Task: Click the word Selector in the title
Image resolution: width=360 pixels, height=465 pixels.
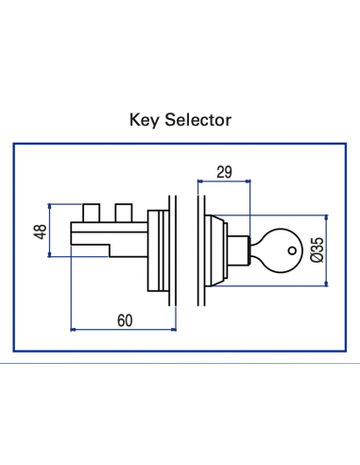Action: pos(194,121)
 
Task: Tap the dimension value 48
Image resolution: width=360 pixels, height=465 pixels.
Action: pos(40,233)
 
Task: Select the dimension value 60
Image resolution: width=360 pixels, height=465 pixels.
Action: pos(124,319)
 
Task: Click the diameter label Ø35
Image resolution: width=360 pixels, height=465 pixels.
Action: pos(317,250)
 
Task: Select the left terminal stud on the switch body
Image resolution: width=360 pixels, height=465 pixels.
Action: pos(91,209)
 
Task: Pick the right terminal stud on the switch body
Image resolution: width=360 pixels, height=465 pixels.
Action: pos(122,209)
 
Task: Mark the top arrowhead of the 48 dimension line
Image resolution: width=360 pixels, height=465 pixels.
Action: pos(50,206)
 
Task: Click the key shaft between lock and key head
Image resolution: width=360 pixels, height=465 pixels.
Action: pos(252,250)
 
